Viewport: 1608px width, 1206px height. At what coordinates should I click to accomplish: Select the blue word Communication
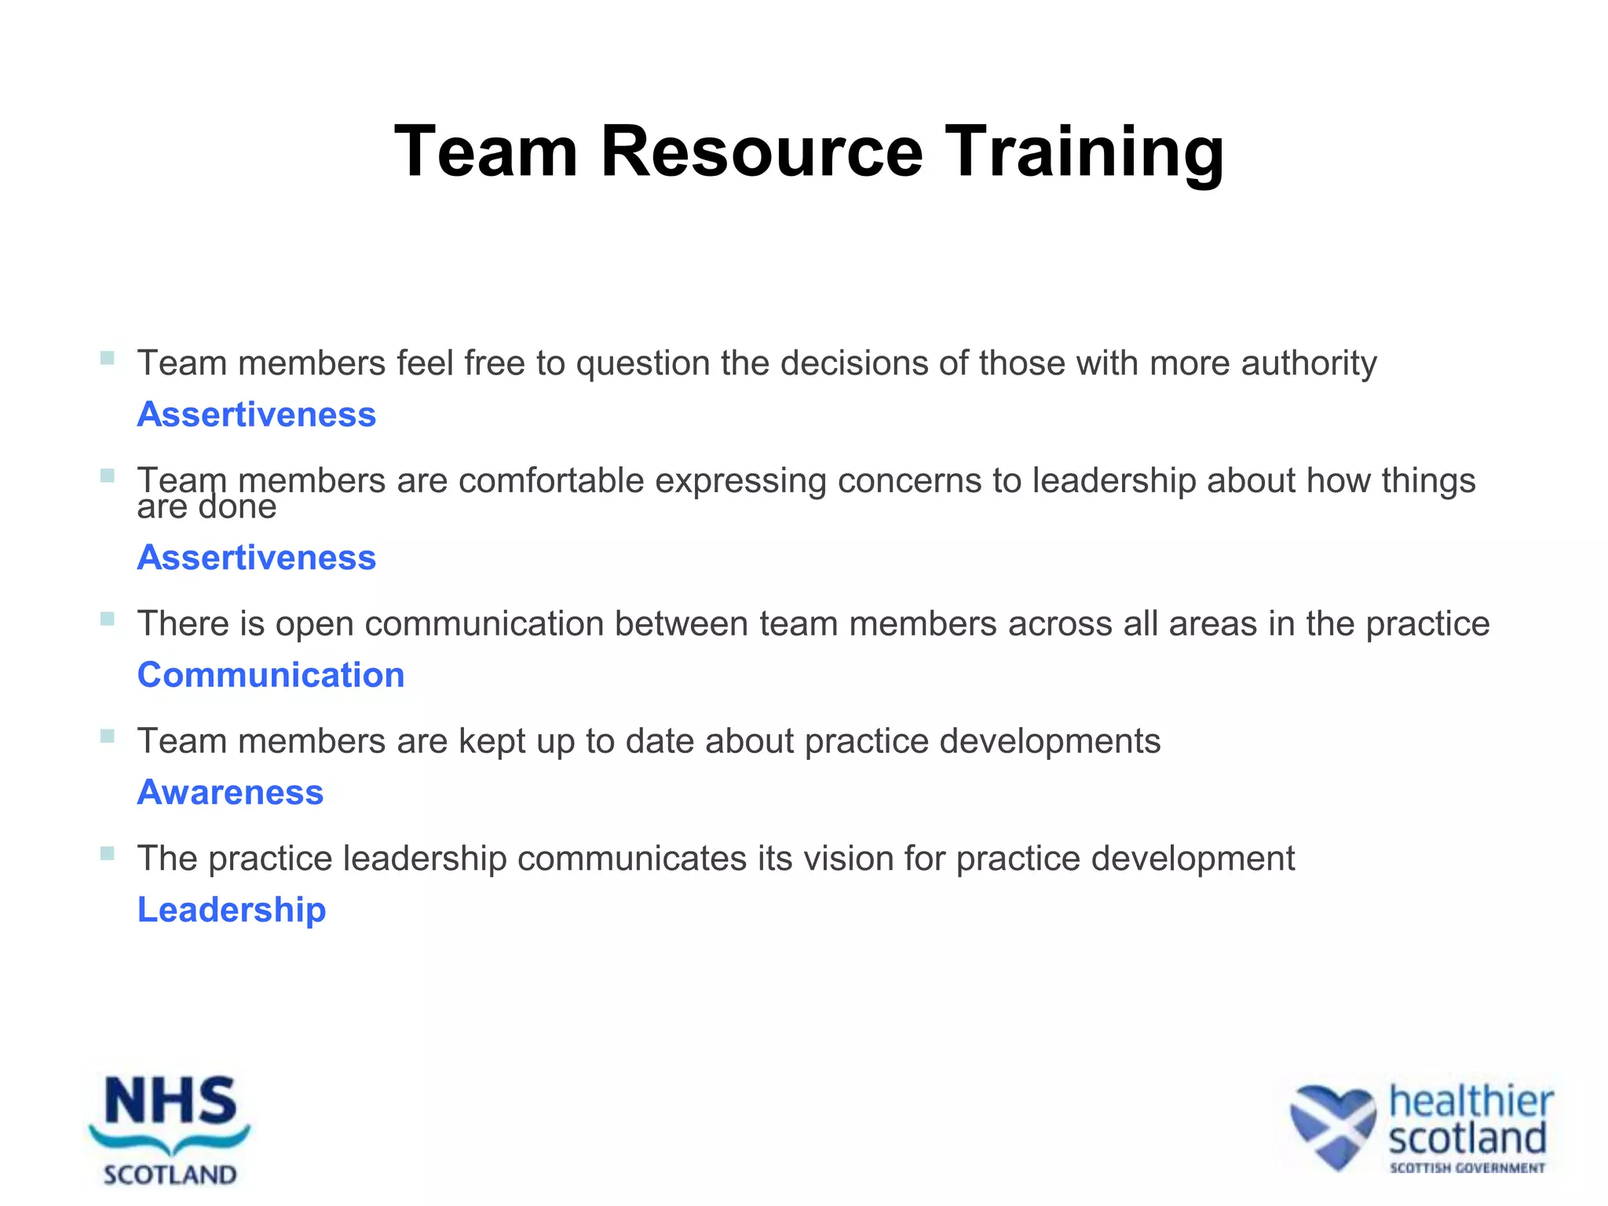(x=271, y=675)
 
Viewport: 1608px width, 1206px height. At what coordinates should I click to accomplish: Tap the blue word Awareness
(x=230, y=792)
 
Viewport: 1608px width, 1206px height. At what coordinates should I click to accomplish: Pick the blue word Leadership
(x=232, y=910)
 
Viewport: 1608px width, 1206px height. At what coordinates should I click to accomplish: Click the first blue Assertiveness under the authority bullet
(x=257, y=415)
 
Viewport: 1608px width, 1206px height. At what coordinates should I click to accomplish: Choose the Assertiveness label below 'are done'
(x=257, y=557)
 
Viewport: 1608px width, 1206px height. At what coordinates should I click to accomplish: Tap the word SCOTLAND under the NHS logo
(x=170, y=1175)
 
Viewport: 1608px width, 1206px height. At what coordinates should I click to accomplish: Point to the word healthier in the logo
(x=1471, y=1101)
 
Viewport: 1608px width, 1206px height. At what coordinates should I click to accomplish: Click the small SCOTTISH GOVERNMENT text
(x=1467, y=1168)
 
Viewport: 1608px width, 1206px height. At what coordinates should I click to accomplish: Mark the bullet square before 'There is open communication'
(x=108, y=619)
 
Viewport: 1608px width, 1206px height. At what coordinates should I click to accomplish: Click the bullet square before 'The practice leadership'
(x=108, y=853)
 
